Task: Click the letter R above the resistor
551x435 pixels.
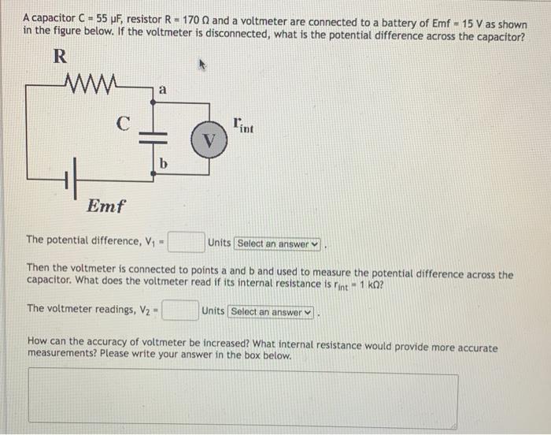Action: coord(59,57)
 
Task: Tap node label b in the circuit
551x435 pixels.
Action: coord(163,164)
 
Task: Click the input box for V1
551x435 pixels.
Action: coord(186,241)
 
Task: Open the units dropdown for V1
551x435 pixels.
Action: coord(279,244)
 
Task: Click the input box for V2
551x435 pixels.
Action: coord(179,311)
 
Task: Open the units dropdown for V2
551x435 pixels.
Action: coord(271,312)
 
